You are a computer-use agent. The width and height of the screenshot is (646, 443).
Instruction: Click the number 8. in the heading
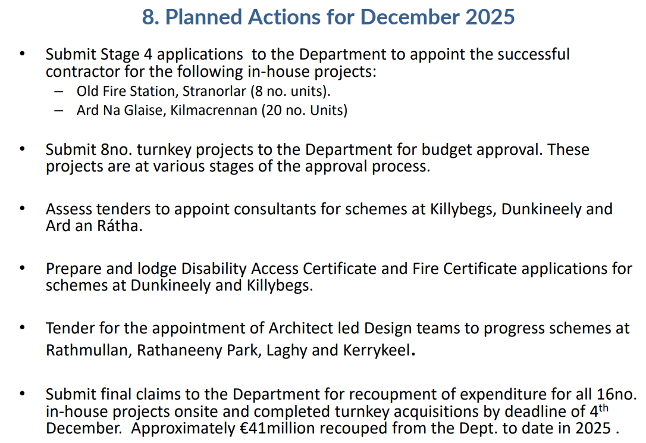coord(150,17)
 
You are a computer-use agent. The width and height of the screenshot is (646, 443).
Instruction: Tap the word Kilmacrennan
coord(214,110)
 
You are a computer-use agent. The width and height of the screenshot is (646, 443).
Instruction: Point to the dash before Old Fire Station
coord(58,92)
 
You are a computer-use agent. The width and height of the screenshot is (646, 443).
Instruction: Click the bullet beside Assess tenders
coord(22,208)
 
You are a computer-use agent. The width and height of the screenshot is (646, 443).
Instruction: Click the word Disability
coord(214,269)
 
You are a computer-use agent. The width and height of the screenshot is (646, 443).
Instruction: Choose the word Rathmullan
coord(89,350)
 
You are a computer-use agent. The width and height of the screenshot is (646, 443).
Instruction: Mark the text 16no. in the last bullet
coord(617,394)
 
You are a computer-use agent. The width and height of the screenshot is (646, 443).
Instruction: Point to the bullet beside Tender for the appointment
coord(22,327)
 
